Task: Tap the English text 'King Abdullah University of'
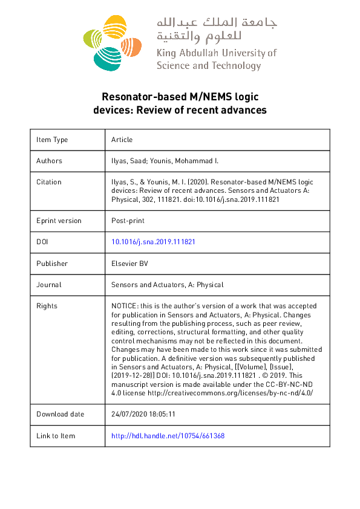[216, 53]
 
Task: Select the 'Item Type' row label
[52, 140]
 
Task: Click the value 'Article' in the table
[122, 140]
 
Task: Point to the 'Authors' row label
[49, 161]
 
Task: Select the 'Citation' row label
[49, 182]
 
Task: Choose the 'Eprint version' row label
[59, 221]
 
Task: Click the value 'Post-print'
[126, 221]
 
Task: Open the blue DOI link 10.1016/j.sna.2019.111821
[153, 242]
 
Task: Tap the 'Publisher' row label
[52, 263]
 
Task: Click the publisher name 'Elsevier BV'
[130, 263]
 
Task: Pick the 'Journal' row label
[49, 284]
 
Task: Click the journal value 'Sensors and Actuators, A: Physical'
[167, 284]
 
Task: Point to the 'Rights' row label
[47, 306]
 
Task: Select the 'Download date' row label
[60, 414]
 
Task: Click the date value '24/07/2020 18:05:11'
[143, 414]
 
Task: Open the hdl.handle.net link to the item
[168, 436]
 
